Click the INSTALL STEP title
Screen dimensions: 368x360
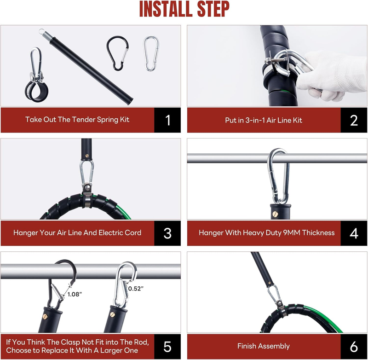184,9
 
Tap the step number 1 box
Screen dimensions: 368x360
167,120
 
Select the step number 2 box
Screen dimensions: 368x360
354,120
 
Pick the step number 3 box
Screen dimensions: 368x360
167,233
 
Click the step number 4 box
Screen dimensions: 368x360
354,233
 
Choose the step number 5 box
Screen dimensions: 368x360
167,346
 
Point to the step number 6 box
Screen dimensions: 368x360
354,346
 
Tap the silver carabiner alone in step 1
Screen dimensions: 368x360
144,54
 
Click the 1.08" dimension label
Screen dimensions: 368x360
75,294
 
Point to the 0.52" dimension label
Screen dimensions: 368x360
136,289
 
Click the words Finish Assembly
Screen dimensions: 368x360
264,346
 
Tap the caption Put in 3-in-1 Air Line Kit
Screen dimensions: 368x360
264,120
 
